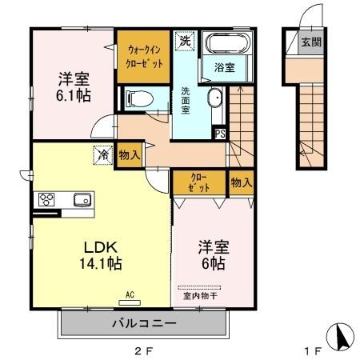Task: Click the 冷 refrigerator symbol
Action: tap(103, 154)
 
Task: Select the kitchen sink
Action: tap(81, 200)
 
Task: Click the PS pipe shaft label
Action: tap(219, 134)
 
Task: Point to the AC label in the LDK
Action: tap(130, 294)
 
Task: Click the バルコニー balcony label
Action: tap(142, 324)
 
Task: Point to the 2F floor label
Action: tap(142, 350)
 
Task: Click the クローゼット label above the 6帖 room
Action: tap(200, 182)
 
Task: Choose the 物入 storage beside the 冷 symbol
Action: tap(126, 154)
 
